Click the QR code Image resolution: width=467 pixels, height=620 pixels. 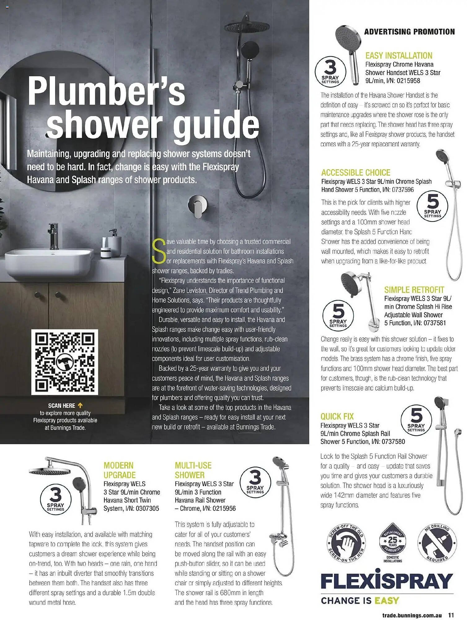[64, 362]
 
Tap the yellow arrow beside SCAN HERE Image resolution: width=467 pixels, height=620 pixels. [80, 405]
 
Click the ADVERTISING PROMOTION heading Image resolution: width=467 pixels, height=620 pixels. [409, 32]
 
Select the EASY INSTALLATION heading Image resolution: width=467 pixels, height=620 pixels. [399, 55]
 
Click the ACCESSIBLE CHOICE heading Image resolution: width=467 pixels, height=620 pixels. [355, 173]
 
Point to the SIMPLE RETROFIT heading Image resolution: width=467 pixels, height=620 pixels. [414, 290]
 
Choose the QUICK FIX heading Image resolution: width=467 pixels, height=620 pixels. [337, 416]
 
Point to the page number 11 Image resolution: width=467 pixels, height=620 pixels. [451, 615]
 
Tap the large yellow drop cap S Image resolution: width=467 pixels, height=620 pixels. [159, 251]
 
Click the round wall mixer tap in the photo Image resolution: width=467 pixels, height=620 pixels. [197, 206]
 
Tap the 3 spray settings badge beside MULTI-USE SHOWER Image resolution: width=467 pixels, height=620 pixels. [255, 482]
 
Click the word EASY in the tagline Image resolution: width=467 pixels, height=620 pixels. [386, 601]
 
